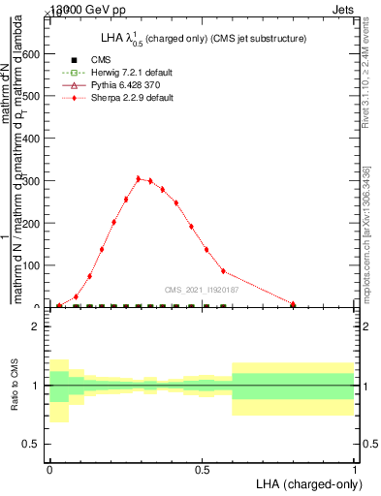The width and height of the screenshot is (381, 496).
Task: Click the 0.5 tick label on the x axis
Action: click(x=202, y=468)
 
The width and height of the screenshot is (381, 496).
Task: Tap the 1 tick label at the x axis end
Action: click(x=356, y=468)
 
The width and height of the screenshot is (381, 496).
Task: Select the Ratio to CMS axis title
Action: click(x=15, y=386)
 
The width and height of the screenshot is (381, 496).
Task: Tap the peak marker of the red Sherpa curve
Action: click(x=139, y=178)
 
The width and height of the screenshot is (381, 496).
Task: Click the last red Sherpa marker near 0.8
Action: click(x=293, y=304)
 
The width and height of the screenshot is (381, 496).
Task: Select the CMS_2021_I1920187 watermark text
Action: click(x=201, y=290)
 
